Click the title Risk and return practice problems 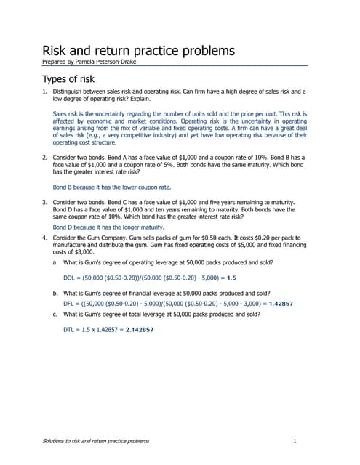pos(138,51)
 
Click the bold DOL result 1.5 pos(231,278)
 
